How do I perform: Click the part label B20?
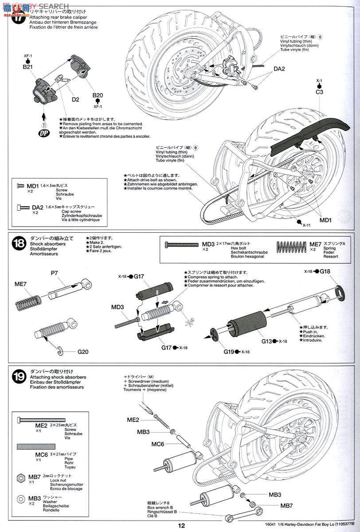(x=98, y=95)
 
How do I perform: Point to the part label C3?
(x=319, y=92)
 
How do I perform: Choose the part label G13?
(x=266, y=341)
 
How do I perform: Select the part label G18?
(x=325, y=271)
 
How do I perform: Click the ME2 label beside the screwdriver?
(x=133, y=419)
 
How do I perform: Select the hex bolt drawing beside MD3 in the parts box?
(x=182, y=244)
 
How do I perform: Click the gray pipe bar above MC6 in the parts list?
(x=37, y=446)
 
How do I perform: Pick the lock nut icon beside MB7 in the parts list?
(x=20, y=477)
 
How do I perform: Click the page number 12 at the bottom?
(x=181, y=526)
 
